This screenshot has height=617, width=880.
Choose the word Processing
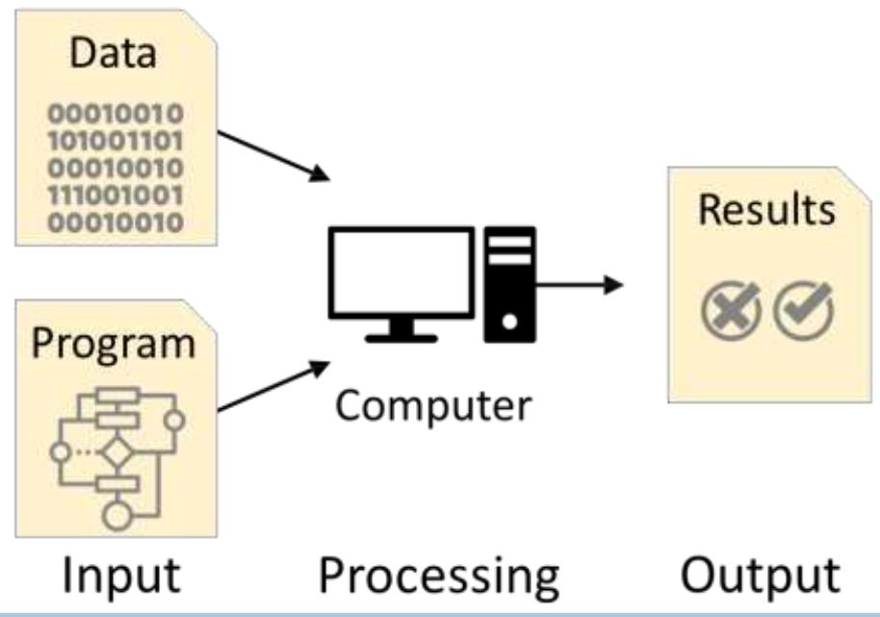[x=439, y=576]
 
